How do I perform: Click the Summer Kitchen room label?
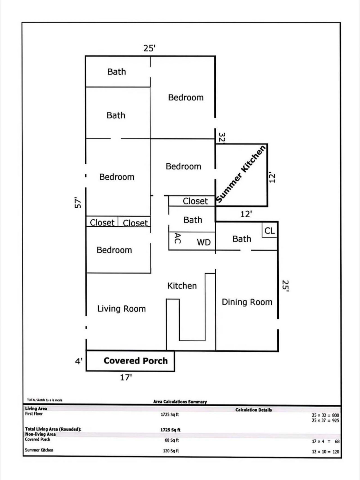click(241, 174)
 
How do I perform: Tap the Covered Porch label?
click(136, 360)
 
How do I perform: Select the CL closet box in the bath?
click(269, 231)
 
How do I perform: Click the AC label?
click(177, 238)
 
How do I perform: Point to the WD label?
click(204, 242)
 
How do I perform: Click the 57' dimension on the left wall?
click(78, 202)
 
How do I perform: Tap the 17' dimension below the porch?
click(126, 377)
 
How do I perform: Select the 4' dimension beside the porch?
click(79, 361)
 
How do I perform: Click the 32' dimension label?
click(222, 138)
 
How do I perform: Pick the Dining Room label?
click(247, 302)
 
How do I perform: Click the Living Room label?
click(121, 309)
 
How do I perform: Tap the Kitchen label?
click(182, 286)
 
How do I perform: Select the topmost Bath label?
click(116, 72)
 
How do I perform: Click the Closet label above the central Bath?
click(195, 201)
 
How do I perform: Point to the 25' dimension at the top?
click(149, 48)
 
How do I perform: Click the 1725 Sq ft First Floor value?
click(170, 414)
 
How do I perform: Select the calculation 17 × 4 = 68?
click(325, 441)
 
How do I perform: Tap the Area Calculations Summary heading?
click(180, 402)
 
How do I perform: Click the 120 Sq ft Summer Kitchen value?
click(171, 451)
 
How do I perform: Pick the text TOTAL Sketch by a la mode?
click(45, 400)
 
